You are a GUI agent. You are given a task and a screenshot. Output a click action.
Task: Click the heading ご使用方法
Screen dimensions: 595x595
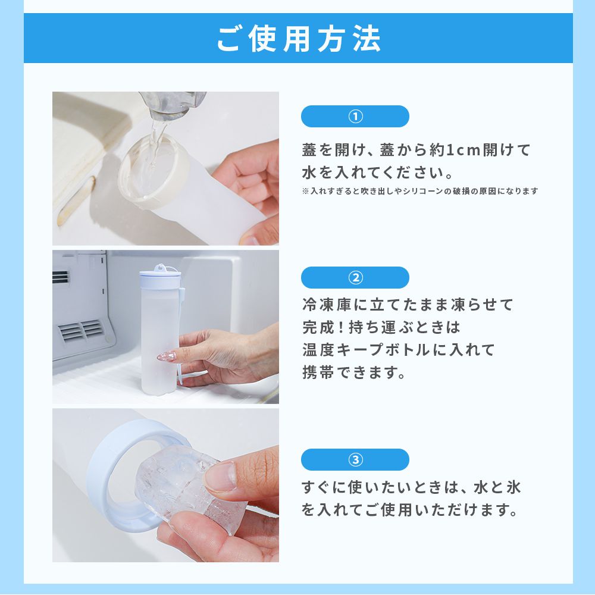(298, 38)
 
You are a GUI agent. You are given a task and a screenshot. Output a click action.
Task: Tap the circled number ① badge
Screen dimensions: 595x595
(355, 116)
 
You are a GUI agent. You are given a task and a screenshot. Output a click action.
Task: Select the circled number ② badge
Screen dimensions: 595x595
(355, 278)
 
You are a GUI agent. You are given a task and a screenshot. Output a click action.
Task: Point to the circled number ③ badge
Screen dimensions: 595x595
(355, 459)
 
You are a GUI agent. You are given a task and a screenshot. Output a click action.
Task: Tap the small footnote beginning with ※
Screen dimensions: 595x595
(420, 191)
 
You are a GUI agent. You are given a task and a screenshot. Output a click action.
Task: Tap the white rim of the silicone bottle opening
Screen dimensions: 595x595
(154, 173)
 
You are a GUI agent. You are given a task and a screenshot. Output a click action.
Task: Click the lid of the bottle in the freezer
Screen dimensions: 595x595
(159, 275)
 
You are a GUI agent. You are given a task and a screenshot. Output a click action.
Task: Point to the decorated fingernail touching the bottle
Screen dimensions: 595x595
(167, 356)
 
